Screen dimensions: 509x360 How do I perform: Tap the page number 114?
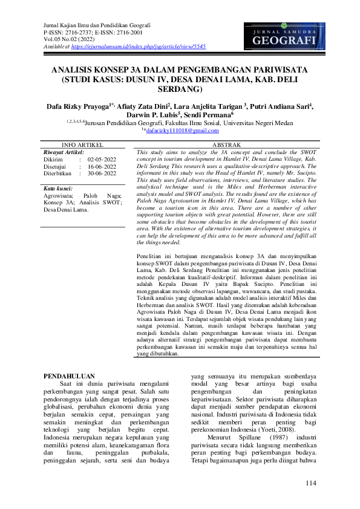[x=311, y=482]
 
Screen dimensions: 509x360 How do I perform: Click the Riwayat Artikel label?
[x=64, y=152]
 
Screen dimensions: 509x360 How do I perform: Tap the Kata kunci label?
[x=58, y=189]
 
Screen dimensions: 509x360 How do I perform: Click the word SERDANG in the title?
[x=180, y=89]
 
